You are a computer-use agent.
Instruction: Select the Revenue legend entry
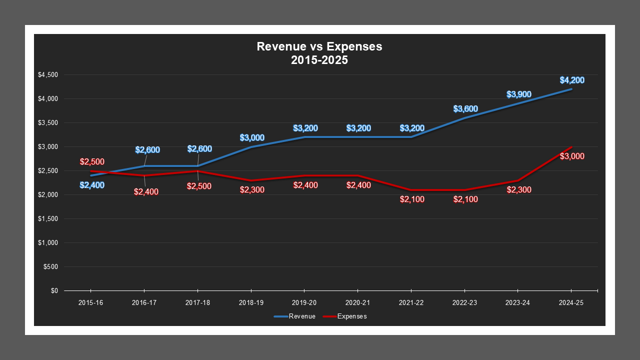tap(294, 316)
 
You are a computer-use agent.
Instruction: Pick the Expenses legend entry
tap(345, 316)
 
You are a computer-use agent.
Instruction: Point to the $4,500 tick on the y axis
tap(48, 75)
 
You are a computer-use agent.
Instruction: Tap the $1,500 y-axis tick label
tap(48, 219)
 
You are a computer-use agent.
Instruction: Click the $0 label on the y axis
tap(54, 291)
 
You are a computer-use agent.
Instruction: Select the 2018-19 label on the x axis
tap(251, 303)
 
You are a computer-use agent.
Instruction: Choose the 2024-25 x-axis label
tap(571, 303)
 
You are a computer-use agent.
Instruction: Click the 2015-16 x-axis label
tap(90, 303)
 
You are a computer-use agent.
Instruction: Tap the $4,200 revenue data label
tap(572, 80)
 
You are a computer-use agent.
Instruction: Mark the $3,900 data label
tap(519, 94)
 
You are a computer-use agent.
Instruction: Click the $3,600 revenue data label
tap(465, 109)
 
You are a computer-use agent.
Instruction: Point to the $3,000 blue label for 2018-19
tap(252, 138)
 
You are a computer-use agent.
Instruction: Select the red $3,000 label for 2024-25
tap(572, 156)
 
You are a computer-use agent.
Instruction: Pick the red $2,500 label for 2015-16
tap(92, 162)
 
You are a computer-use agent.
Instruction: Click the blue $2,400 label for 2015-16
tap(92, 185)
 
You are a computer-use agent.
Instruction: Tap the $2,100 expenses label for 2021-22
tap(412, 199)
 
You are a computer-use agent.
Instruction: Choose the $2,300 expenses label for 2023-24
tap(519, 190)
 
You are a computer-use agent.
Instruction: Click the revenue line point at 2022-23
tap(465, 118)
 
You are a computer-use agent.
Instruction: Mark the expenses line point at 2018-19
tap(251, 180)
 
